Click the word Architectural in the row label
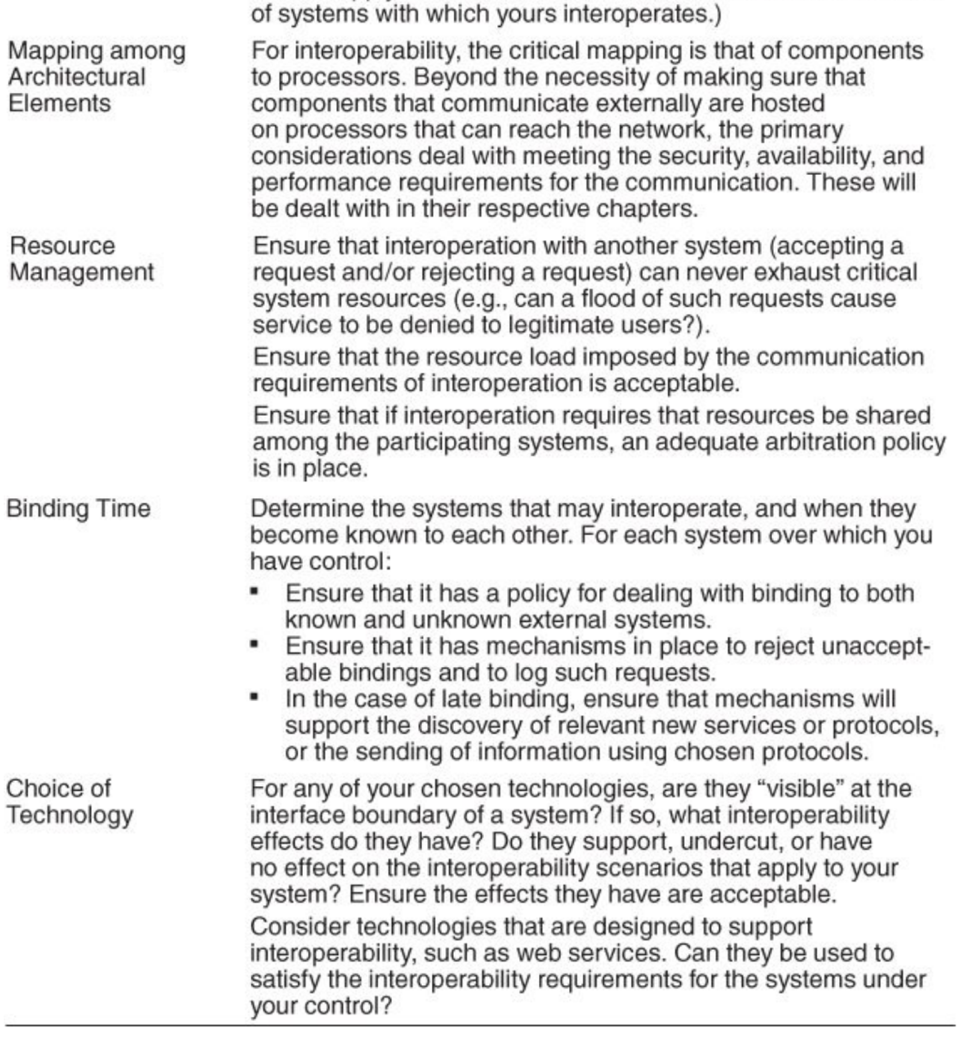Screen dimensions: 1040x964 (77, 77)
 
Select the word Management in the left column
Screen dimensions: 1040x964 (81, 272)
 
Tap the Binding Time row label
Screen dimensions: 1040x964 (78, 508)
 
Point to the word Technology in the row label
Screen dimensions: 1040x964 (70, 815)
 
